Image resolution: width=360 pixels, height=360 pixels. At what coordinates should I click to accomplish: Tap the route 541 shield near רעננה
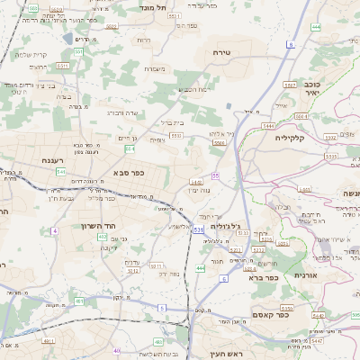[60, 171]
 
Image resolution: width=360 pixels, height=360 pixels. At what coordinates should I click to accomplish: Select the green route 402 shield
[102, 237]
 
